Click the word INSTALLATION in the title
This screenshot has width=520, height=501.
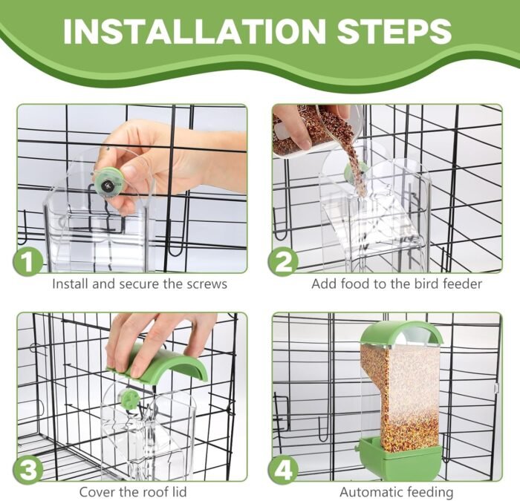click(195, 31)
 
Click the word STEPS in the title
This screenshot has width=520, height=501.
click(394, 31)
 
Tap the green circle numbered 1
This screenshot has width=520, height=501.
click(28, 261)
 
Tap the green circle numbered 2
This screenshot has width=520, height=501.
click(283, 261)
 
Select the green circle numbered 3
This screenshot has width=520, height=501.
click(28, 470)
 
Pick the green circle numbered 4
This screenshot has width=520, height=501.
click(283, 470)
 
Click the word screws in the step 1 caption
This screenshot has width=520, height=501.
click(207, 284)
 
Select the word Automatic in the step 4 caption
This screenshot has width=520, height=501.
click(371, 492)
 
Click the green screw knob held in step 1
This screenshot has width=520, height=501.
click(108, 183)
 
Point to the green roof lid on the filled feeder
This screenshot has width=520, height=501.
click(401, 333)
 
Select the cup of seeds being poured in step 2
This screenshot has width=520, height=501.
click(316, 129)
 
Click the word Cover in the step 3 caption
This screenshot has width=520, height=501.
click(97, 491)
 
